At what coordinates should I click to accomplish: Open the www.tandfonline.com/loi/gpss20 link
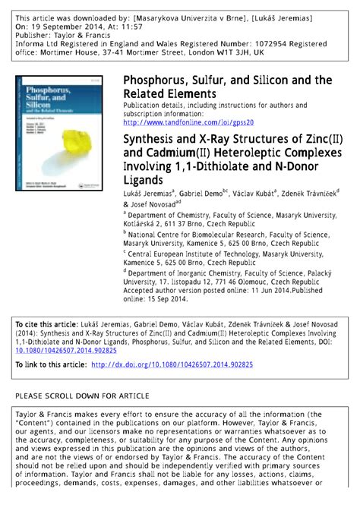[188, 122]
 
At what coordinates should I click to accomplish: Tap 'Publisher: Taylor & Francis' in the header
[65, 34]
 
